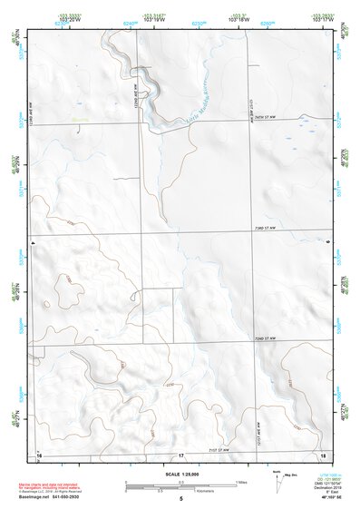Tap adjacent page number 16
(x=39, y=454)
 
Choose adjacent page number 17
(x=181, y=454)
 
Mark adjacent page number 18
(x=322, y=454)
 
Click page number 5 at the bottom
(x=181, y=498)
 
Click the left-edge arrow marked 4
(x=32, y=243)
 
